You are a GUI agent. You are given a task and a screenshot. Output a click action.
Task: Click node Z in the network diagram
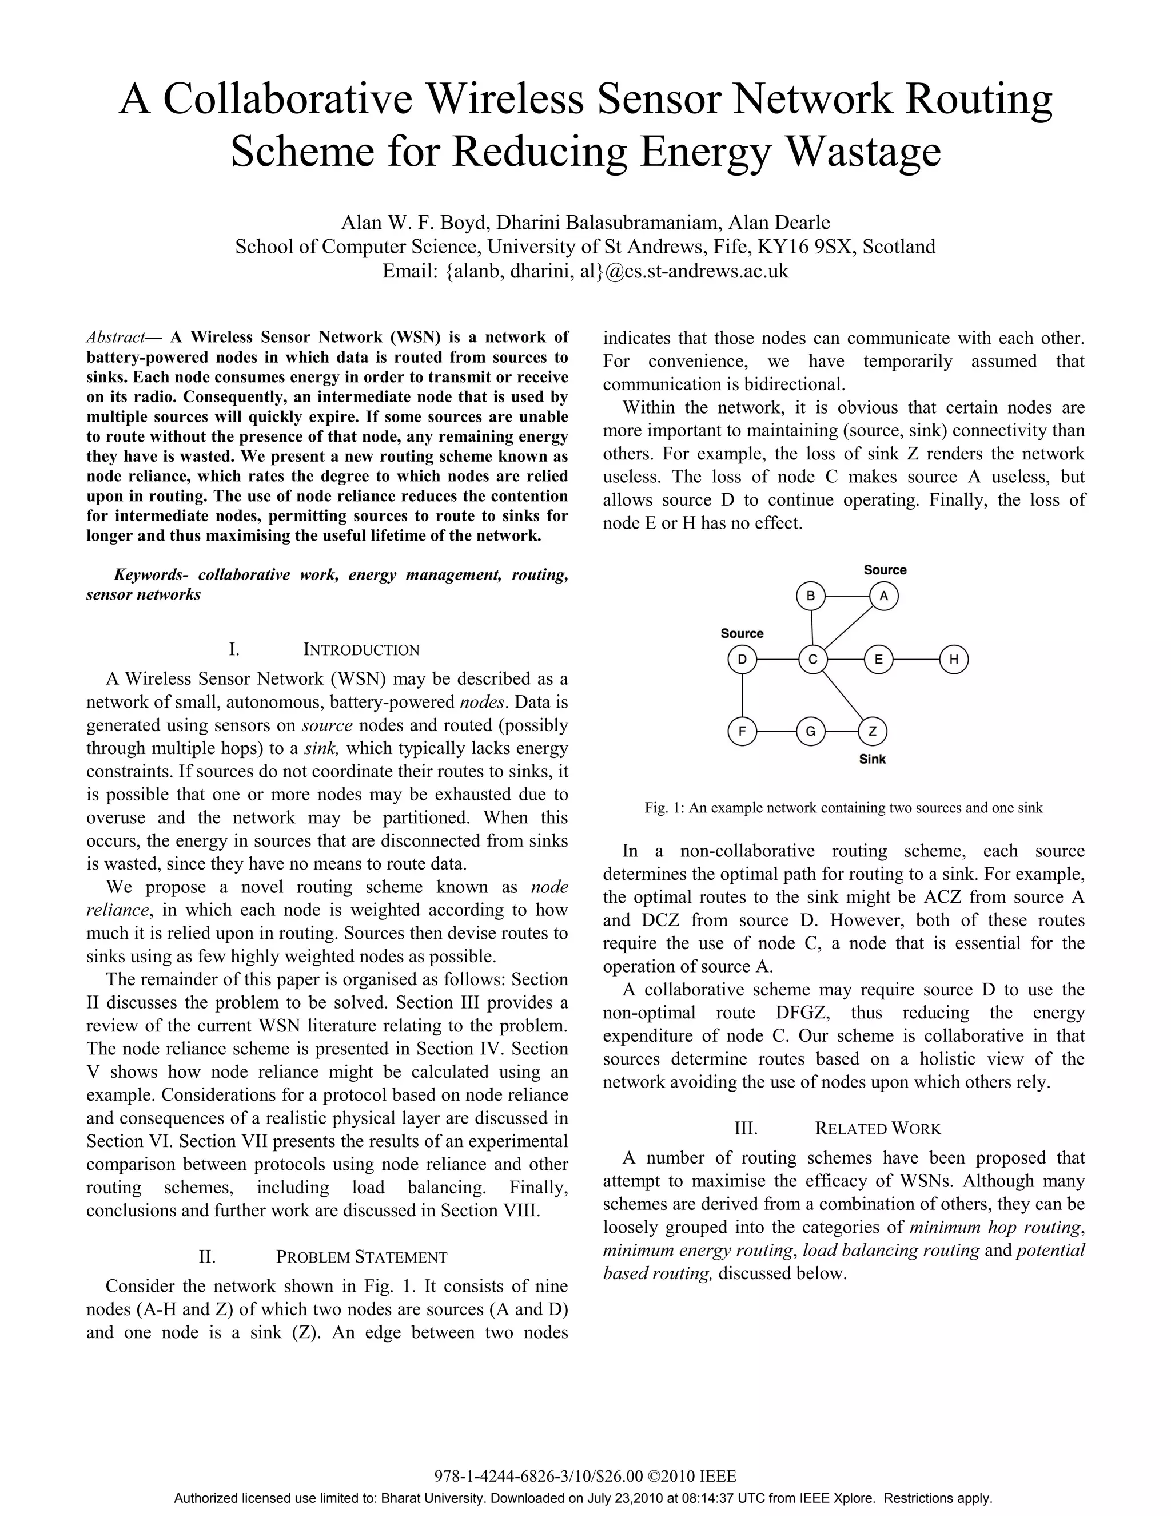tap(873, 731)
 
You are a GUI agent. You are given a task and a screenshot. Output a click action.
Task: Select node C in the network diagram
tap(812, 660)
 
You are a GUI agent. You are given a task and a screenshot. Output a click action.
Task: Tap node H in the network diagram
tap(954, 660)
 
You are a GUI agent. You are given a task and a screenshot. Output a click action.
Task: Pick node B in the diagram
tap(810, 596)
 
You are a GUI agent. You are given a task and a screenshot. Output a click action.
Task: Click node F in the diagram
tap(742, 731)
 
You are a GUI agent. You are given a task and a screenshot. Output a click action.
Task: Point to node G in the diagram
tap(810, 731)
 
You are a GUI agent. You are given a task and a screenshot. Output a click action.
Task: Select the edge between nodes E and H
tap(916, 660)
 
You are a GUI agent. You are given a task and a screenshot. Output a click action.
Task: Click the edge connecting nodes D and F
tap(742, 695)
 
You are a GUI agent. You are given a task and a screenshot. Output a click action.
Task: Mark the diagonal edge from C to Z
tap(842, 695)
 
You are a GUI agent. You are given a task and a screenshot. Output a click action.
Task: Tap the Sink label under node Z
tap(872, 759)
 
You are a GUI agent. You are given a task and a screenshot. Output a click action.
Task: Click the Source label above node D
tap(742, 633)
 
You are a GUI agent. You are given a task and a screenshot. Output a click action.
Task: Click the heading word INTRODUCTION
tap(361, 650)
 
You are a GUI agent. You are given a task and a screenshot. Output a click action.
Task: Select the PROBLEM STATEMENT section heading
tap(361, 1257)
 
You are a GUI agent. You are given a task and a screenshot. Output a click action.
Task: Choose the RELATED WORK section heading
tap(878, 1129)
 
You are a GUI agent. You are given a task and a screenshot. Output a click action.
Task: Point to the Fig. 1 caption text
tap(843, 808)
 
